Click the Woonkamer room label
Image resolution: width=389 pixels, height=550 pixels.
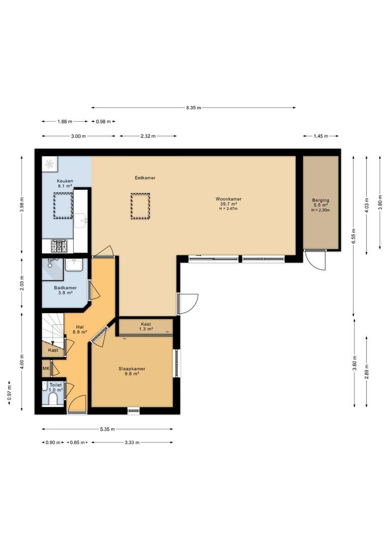click(228, 199)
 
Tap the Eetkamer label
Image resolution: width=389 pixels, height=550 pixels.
click(145, 178)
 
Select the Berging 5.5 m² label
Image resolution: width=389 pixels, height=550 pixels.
click(321, 202)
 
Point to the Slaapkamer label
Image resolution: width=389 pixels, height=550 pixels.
click(131, 369)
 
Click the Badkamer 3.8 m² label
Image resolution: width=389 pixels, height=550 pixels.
click(65, 290)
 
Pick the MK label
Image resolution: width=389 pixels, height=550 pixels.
click(46, 368)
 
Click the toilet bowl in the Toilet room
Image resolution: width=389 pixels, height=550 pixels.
click(53, 398)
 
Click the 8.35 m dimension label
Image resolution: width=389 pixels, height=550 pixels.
click(193, 107)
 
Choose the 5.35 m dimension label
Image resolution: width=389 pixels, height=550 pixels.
click(107, 429)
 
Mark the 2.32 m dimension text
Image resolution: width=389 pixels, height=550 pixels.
click(148, 136)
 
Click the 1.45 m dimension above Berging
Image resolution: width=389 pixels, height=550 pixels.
click(321, 136)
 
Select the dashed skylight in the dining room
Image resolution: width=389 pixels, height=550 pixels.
click(141, 206)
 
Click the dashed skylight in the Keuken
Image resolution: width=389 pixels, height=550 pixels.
click(63, 206)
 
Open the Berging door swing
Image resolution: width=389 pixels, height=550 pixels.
click(315, 260)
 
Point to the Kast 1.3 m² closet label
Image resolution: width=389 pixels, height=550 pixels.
click(146, 326)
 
